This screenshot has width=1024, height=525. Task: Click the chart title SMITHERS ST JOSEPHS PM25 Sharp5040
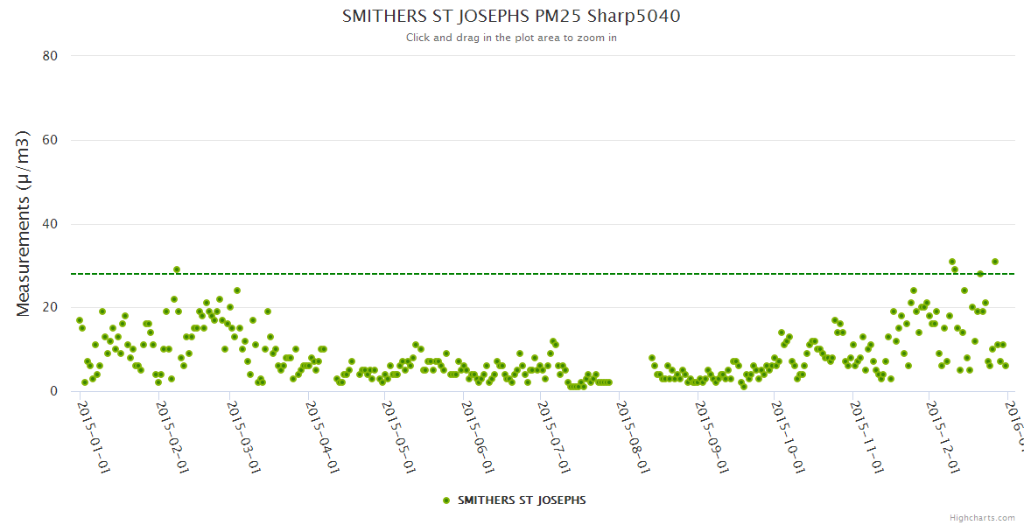(x=511, y=16)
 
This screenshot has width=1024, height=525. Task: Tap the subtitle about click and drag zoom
(x=511, y=38)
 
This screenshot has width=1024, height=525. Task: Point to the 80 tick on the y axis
(x=50, y=56)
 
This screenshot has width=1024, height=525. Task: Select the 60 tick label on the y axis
(x=50, y=140)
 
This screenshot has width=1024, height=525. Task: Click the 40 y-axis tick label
(x=50, y=224)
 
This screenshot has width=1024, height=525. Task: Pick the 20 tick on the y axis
(x=50, y=308)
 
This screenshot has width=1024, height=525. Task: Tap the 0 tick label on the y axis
(x=53, y=391)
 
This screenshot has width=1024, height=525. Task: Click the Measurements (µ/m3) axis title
(x=24, y=223)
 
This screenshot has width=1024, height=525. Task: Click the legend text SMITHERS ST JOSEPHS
(x=522, y=500)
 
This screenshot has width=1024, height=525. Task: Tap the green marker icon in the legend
(x=446, y=500)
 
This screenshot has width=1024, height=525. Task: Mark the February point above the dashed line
(x=177, y=269)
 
